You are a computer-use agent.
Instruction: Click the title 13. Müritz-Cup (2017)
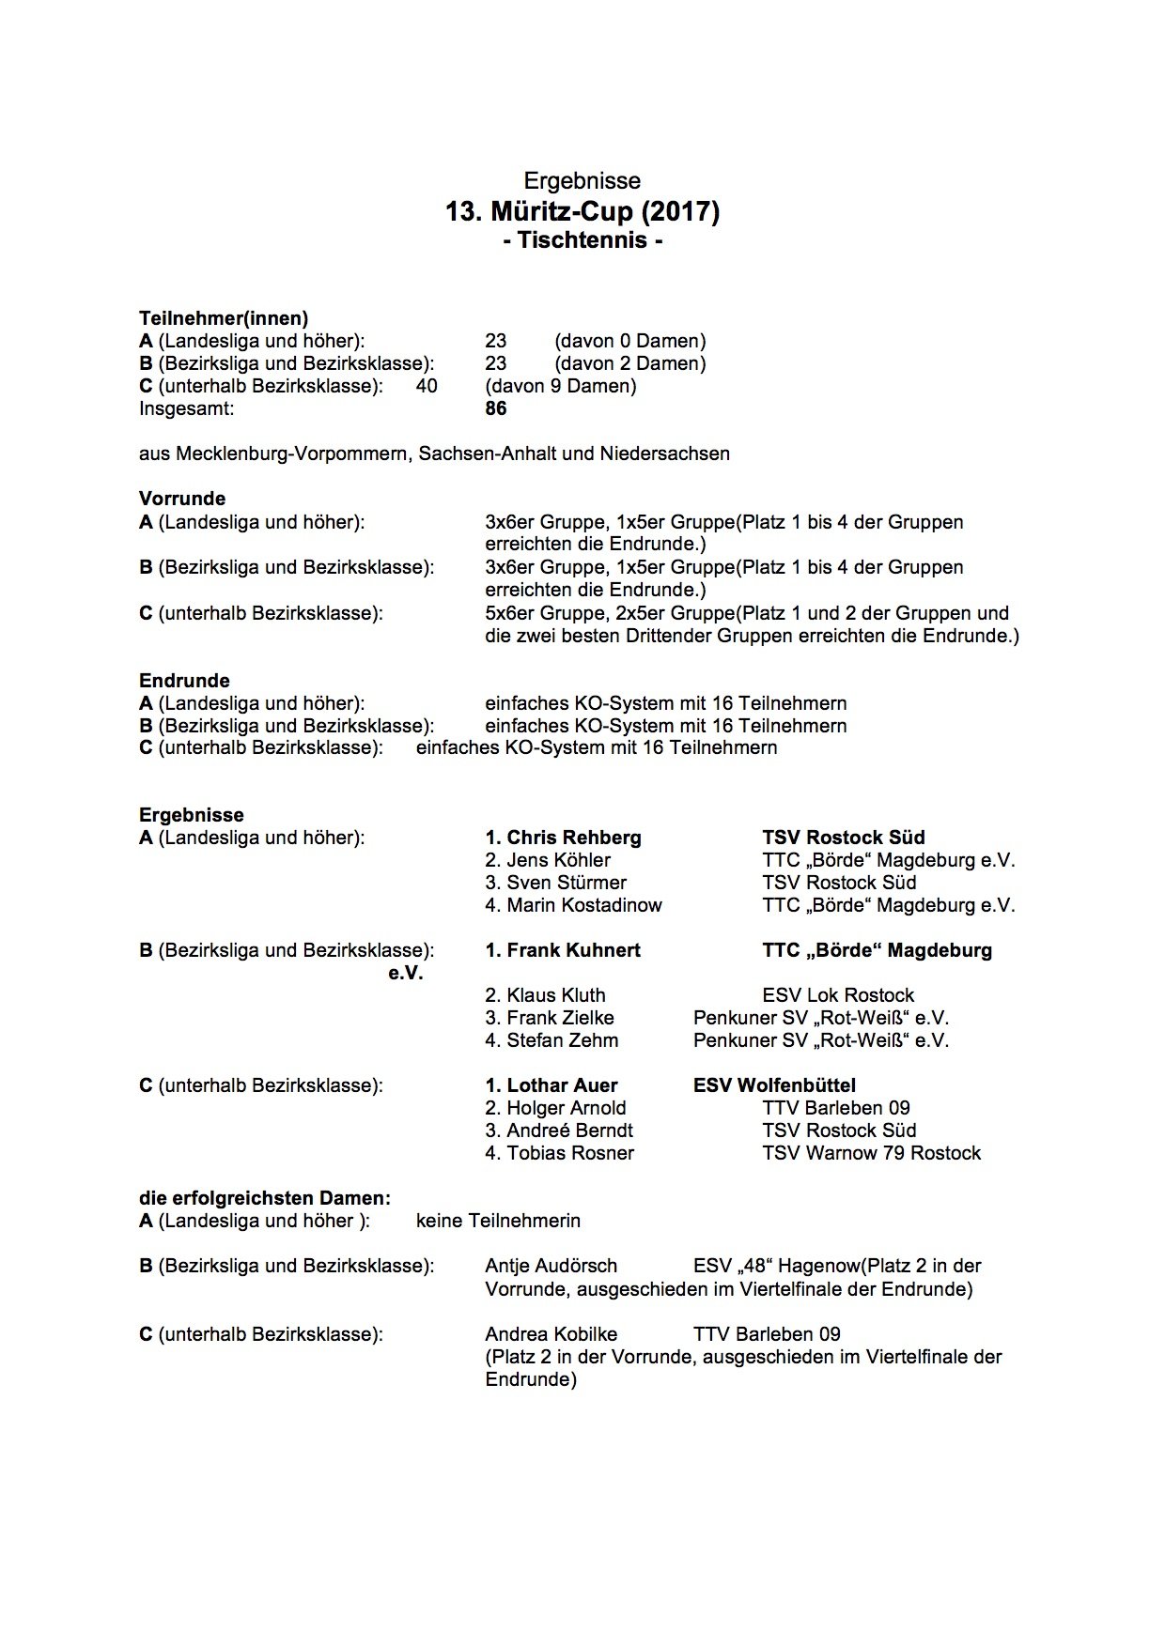coord(582,212)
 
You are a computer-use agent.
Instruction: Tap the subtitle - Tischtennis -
coord(582,240)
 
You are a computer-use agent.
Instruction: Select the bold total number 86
coord(496,408)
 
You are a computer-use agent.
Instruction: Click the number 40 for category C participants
coord(427,386)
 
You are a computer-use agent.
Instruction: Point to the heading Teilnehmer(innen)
coord(224,318)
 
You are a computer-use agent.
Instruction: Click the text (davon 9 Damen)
coord(561,386)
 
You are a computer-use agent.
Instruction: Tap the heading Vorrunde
coord(182,499)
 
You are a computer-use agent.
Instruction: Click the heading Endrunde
coord(184,681)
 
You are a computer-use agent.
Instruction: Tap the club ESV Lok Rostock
coord(838,995)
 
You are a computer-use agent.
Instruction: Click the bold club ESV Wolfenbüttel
coord(774,1085)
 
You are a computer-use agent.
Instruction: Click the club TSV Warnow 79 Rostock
coord(871,1153)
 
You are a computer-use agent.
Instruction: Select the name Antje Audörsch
coord(551,1266)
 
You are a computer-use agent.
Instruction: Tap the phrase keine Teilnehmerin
coord(498,1221)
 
